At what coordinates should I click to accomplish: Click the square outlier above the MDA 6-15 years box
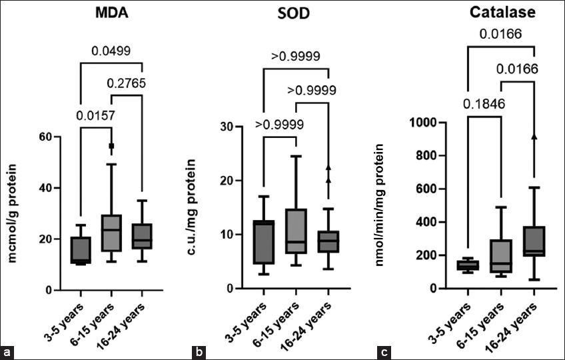click(112, 145)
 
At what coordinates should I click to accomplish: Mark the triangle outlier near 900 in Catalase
click(534, 136)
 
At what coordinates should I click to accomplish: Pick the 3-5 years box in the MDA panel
click(80, 250)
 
